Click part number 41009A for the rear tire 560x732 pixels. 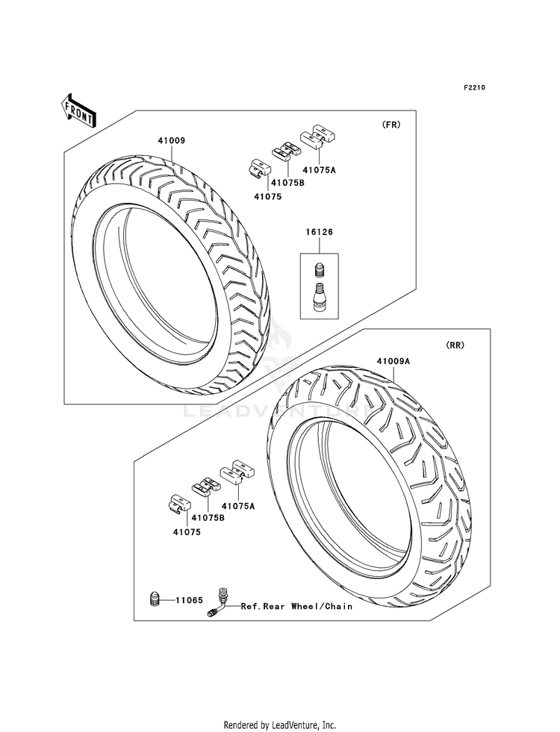pos(393,361)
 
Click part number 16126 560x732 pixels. pos(319,232)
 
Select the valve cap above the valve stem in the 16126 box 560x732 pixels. pos(320,266)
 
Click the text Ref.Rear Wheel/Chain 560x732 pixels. pos(296,607)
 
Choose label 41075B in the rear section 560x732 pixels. pos(208,517)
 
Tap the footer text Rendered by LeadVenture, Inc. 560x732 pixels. pos(280,725)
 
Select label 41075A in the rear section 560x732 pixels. pos(237,506)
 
